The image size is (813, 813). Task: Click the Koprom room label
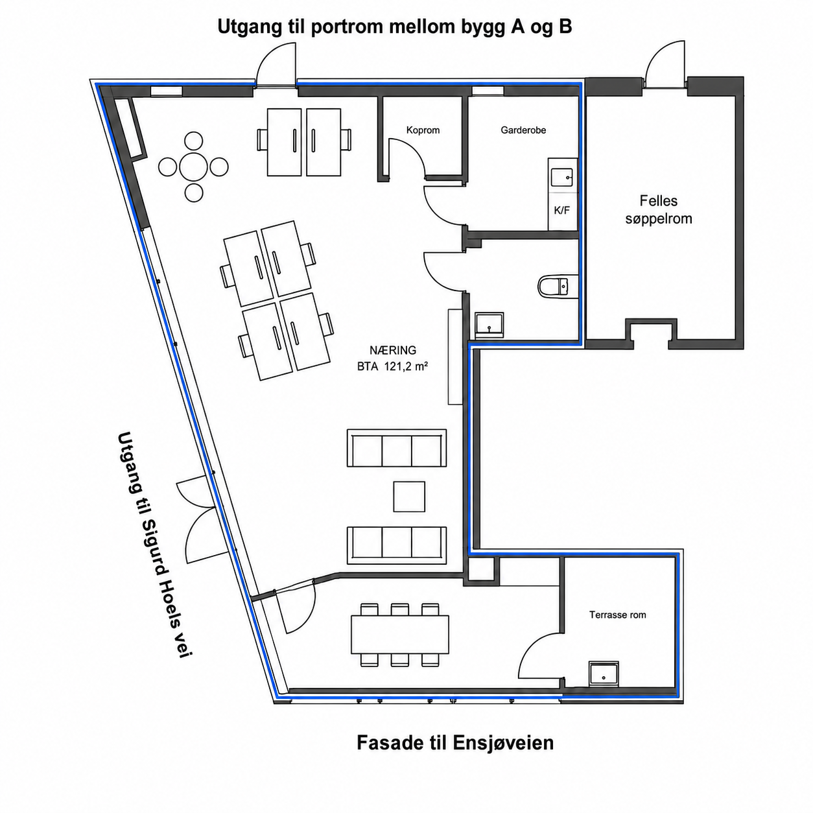coord(423,130)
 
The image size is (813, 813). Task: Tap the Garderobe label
coord(523,130)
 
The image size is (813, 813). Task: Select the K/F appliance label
coord(561,211)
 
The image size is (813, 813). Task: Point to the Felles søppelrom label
coord(659,209)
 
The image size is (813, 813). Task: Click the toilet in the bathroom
coord(558,286)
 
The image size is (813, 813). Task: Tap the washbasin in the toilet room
coord(489,324)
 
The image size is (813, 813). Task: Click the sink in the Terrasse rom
coord(604,674)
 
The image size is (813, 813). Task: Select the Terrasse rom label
coord(618,615)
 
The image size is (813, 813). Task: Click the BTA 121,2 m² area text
coord(392,367)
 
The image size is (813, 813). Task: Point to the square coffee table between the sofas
coord(409,497)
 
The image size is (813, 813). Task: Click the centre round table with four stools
coord(193,167)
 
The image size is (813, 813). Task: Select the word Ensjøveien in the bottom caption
coord(503,742)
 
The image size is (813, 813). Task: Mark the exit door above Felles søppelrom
coord(665,64)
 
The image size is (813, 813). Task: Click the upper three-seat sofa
coord(397,448)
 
